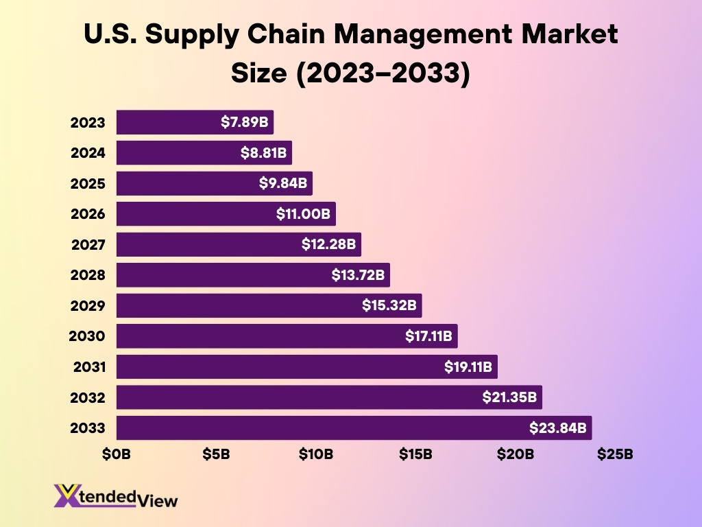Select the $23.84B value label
(x=558, y=428)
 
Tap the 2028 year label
(x=88, y=275)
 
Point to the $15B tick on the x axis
(x=415, y=454)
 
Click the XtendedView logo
(x=115, y=495)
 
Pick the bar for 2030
(x=261, y=336)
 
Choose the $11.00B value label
(x=303, y=214)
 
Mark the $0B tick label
(x=117, y=454)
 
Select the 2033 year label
(x=88, y=428)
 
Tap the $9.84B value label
(x=283, y=183)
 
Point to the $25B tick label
(x=615, y=454)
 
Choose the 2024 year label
(x=88, y=153)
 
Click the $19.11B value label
(x=468, y=367)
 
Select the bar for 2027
(x=206, y=244)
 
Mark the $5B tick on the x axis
(x=216, y=454)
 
